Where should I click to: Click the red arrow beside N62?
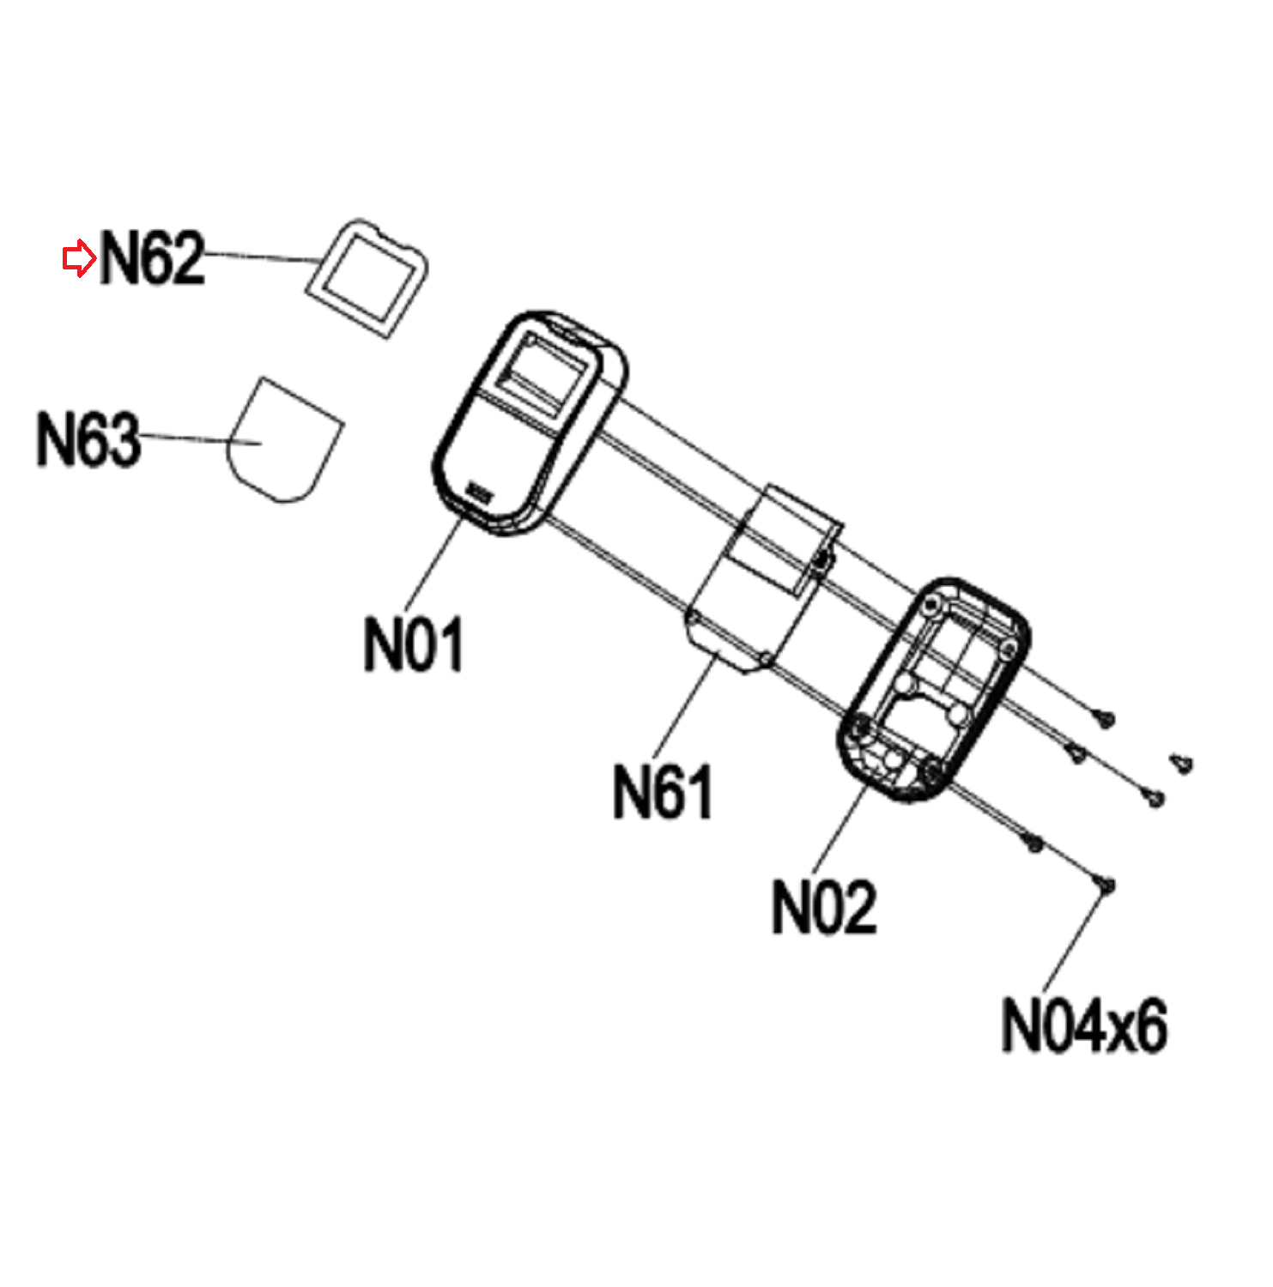(79, 258)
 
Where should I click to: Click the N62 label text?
(153, 258)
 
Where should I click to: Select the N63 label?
(88, 439)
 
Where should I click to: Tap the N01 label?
(413, 644)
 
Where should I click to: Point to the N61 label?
(663, 792)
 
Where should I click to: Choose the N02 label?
(824, 908)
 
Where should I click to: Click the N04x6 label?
(1084, 1026)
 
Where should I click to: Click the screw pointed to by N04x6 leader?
(1106, 884)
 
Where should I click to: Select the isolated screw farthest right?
(1183, 762)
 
